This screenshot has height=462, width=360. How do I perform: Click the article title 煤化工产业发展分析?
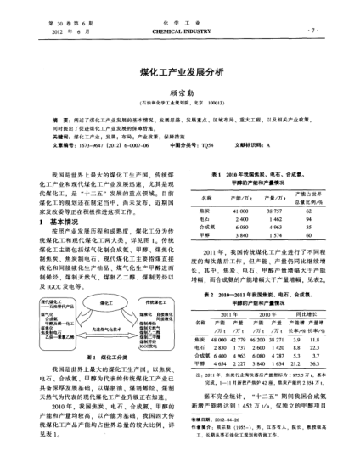[179, 73]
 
